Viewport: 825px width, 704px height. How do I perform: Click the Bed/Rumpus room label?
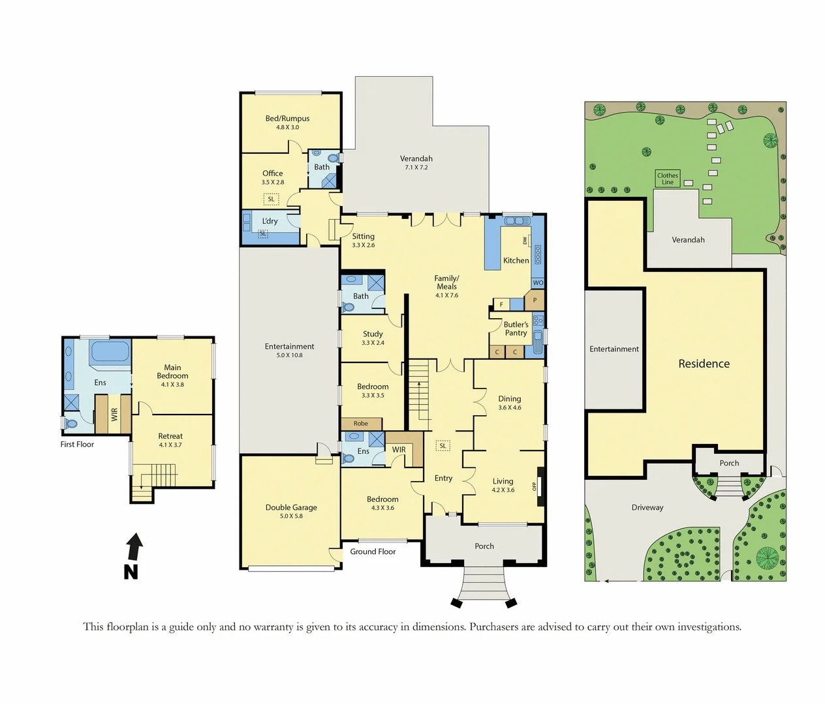(287, 119)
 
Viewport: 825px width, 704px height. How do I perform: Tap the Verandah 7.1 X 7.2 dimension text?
(416, 168)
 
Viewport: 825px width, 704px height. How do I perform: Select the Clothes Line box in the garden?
(667, 179)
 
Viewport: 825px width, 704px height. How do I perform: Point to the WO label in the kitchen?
(538, 283)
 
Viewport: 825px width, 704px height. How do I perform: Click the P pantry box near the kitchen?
(535, 301)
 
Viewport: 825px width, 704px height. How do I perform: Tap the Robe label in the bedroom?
(361, 424)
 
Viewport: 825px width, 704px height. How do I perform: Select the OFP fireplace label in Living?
(535, 486)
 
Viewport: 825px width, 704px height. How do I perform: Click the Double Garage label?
(291, 507)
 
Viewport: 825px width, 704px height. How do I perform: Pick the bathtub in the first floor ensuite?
(110, 351)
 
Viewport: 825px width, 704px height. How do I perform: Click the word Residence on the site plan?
(704, 364)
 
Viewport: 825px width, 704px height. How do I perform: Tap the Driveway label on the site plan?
(647, 507)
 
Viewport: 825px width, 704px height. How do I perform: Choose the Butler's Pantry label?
(516, 329)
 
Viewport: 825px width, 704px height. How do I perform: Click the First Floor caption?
(77, 445)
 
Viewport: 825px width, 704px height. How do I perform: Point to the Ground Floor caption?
(373, 551)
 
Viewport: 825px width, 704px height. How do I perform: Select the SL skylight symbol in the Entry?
(443, 446)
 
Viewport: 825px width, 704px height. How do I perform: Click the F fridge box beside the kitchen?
(501, 304)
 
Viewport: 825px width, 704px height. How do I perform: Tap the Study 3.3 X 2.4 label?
(373, 338)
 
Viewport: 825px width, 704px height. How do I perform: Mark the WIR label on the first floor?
(114, 415)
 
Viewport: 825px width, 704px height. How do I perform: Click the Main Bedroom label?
(172, 372)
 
